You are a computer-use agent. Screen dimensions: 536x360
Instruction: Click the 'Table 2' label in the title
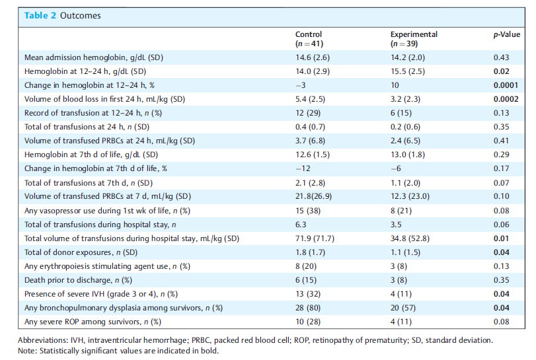coord(40,16)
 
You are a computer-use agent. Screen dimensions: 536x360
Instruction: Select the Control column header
coord(309,39)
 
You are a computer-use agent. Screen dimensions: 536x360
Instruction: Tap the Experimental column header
coord(414,39)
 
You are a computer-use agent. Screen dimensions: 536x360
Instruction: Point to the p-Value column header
coord(507,34)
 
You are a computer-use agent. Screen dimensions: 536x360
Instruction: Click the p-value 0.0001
coord(506,85)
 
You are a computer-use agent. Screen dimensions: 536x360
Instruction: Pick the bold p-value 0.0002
coord(506,99)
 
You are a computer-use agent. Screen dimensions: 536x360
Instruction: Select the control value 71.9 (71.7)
coord(315,238)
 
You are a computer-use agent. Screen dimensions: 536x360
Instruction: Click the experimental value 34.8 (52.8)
coord(410,238)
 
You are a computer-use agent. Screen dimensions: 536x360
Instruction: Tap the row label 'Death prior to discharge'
coord(68,280)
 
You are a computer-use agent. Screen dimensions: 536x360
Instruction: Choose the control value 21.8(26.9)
coord(313,196)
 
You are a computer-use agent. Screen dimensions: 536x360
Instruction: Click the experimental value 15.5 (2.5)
coord(408,71)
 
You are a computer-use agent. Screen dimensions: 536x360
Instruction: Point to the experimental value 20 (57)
coord(403,308)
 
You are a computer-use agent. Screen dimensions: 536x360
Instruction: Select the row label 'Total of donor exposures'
coord(68,252)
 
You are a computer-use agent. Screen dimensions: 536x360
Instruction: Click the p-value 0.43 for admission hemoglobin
coord(501,57)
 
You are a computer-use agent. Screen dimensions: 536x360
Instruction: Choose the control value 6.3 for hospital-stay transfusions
coord(301,225)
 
